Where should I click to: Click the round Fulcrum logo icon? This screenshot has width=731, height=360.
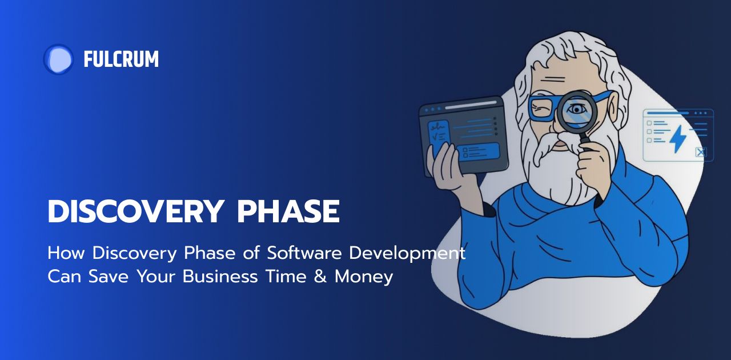click(58, 59)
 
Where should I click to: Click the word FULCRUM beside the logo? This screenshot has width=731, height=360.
click(121, 59)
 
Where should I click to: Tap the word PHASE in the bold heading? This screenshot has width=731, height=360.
click(288, 213)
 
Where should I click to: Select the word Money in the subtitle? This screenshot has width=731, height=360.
click(364, 277)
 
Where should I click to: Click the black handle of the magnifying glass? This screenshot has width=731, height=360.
click(585, 140)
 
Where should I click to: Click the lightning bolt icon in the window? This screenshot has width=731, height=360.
click(678, 138)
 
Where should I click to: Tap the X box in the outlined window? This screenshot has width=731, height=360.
click(701, 152)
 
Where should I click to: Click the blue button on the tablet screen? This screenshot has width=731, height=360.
click(480, 151)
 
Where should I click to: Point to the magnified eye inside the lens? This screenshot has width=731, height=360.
click(577, 109)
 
